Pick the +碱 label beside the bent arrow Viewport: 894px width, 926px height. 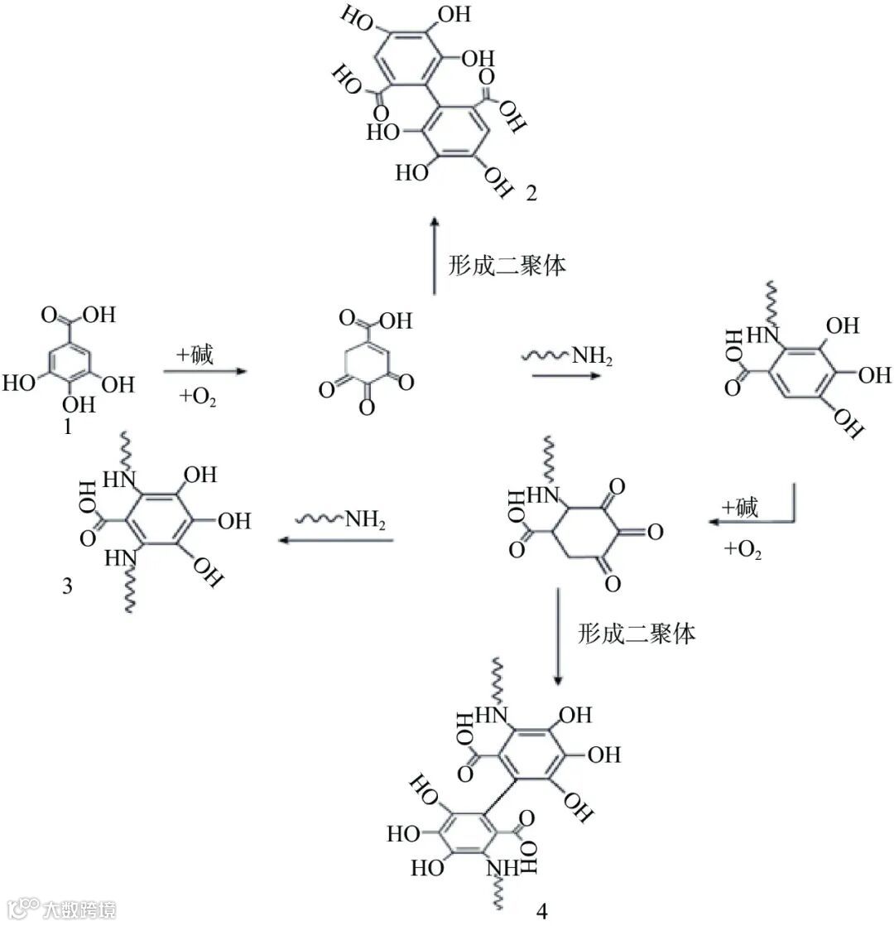(x=739, y=508)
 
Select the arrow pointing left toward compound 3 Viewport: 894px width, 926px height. (x=334, y=540)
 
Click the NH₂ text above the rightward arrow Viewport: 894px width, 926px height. (x=593, y=358)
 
